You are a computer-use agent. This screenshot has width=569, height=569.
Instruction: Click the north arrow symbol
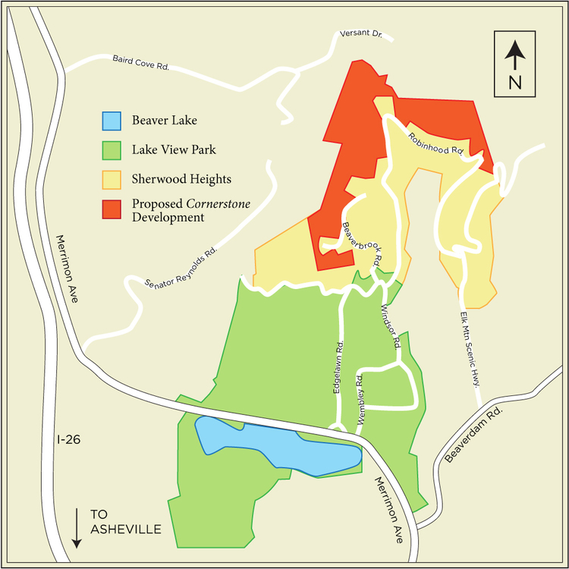point(515,55)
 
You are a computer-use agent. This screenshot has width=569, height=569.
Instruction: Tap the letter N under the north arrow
point(515,82)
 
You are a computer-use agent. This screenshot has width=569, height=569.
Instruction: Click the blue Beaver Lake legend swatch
point(112,121)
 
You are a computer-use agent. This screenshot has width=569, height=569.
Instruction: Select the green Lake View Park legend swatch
point(112,150)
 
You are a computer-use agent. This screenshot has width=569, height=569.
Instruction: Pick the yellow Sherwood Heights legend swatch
point(112,180)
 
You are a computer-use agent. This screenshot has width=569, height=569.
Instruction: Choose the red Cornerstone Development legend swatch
point(112,209)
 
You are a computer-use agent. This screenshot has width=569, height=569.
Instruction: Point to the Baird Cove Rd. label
point(140,62)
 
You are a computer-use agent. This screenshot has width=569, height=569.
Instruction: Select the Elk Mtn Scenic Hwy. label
point(470,349)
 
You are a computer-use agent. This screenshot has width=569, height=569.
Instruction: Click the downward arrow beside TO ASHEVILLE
point(77,528)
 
